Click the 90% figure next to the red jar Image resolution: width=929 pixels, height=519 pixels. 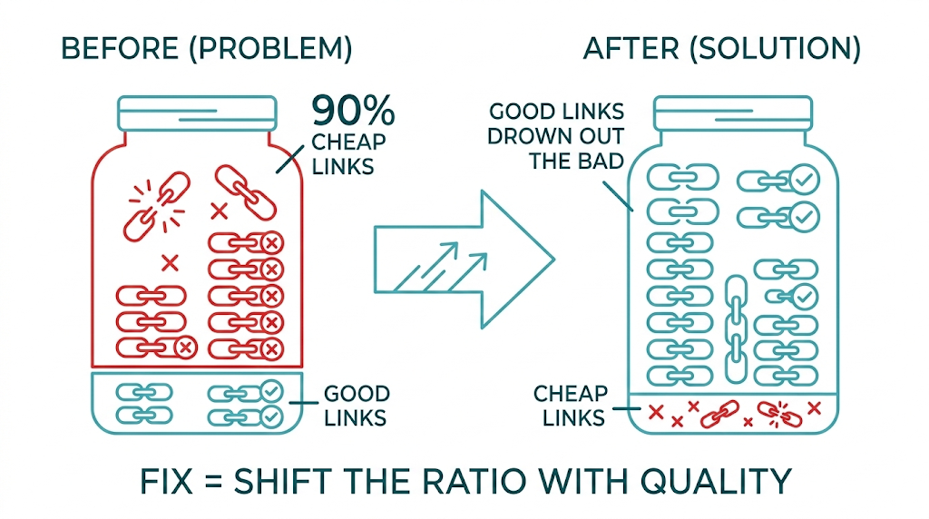[353, 112]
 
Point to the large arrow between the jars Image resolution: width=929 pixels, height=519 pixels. [463, 258]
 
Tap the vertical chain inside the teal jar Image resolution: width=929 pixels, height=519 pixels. [736, 328]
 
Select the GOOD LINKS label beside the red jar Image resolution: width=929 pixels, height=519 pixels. [357, 406]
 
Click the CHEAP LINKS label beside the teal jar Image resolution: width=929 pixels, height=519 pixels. [570, 406]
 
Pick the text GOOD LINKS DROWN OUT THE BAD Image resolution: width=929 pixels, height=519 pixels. [556, 136]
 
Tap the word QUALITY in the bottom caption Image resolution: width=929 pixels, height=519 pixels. [718, 481]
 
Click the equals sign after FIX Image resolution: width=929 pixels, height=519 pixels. [211, 481]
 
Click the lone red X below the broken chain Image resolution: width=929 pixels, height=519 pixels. [169, 263]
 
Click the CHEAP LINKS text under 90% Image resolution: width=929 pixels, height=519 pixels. [348, 154]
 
